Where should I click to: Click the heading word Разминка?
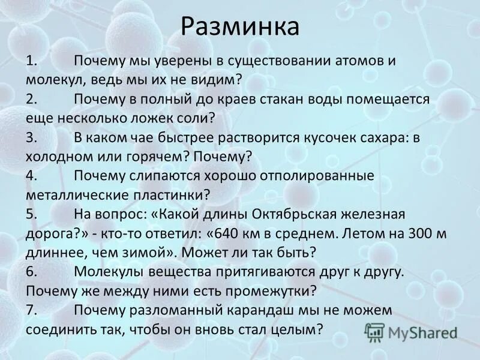pos(239,26)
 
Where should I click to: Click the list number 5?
pos(31,214)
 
